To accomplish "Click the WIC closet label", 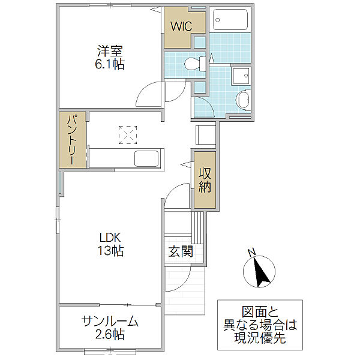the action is click(181, 26).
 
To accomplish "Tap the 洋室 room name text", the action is click(110, 51).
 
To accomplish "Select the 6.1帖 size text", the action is click(110, 64).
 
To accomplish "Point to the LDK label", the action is click(110, 238).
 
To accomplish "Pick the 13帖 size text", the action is click(111, 251).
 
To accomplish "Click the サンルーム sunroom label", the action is click(110, 322).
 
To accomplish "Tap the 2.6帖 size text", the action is click(110, 334).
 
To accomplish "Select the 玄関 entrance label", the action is click(181, 251).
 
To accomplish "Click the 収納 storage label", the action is click(205, 180).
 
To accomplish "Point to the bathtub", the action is click(230, 20).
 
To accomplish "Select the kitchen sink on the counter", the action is click(146, 158).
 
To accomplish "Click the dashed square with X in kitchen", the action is click(128, 135).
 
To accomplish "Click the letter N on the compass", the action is click(252, 252).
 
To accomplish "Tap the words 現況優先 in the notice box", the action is click(260, 338).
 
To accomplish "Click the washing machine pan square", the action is click(241, 76).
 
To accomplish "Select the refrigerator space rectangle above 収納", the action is click(206, 135).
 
